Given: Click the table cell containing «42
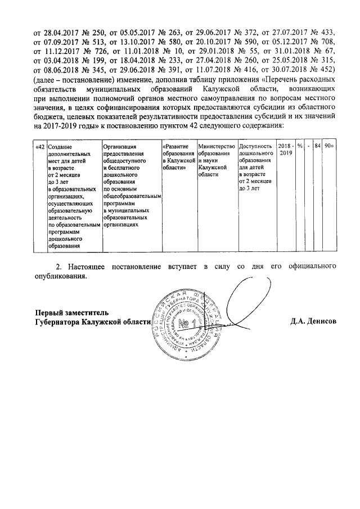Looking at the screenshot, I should coord(39,146).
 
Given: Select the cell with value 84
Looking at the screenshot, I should coord(318,146).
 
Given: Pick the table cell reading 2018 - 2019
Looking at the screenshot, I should coord(285,149).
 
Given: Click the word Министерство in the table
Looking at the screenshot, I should coord(216,146).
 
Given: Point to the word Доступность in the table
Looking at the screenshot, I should coord(255,146).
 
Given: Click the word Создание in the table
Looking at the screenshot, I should coord(60,146).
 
